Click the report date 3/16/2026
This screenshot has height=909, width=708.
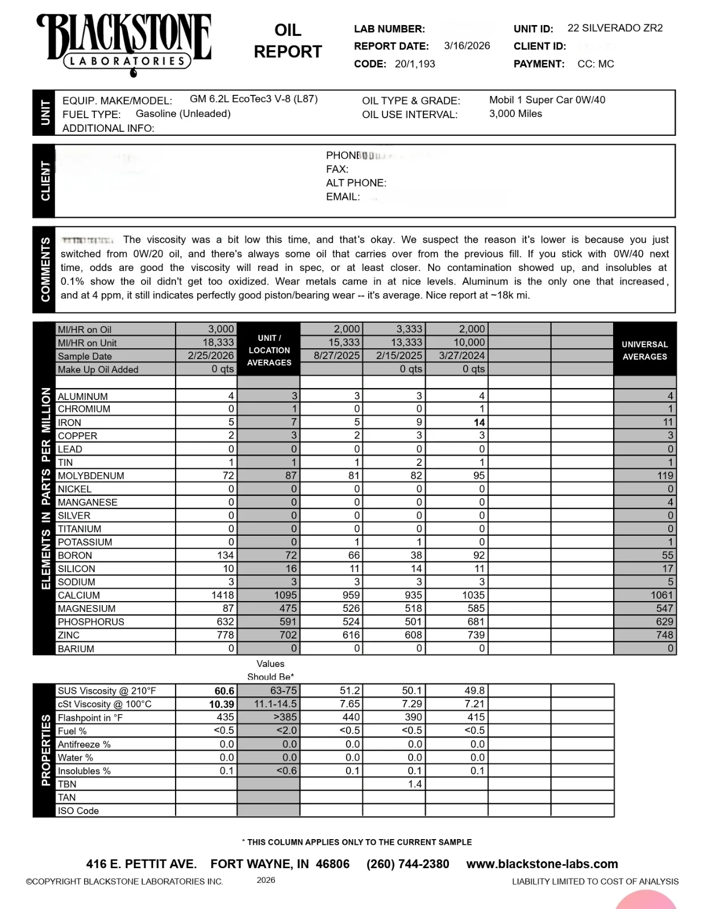coord(467,46)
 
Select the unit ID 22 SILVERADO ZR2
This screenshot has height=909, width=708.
coord(615,28)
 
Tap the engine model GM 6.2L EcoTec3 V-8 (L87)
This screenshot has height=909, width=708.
coord(253,99)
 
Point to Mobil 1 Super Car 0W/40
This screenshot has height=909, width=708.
coord(547,100)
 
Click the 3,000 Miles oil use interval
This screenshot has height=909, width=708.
coord(515,114)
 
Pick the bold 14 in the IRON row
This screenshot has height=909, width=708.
coord(479,423)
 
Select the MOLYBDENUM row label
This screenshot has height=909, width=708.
coord(91,476)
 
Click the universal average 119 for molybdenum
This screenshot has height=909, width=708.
coord(665,476)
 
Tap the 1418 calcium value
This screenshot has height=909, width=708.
coord(222,595)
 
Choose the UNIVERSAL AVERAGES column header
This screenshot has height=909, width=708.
coord(644,351)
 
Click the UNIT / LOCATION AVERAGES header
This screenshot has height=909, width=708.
coord(269,350)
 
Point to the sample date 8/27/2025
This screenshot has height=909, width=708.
coord(337,356)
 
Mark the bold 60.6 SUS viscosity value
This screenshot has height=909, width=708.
coord(224,691)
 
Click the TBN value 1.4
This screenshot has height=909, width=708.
coord(415,784)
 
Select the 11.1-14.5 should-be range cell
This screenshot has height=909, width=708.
coord(275,704)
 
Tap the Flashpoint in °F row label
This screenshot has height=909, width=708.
coord(90,718)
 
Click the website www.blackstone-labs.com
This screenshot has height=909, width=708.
coord(542,864)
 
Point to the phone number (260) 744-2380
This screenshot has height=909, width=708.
coord(407,864)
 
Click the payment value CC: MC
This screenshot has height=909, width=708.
coord(595,64)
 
